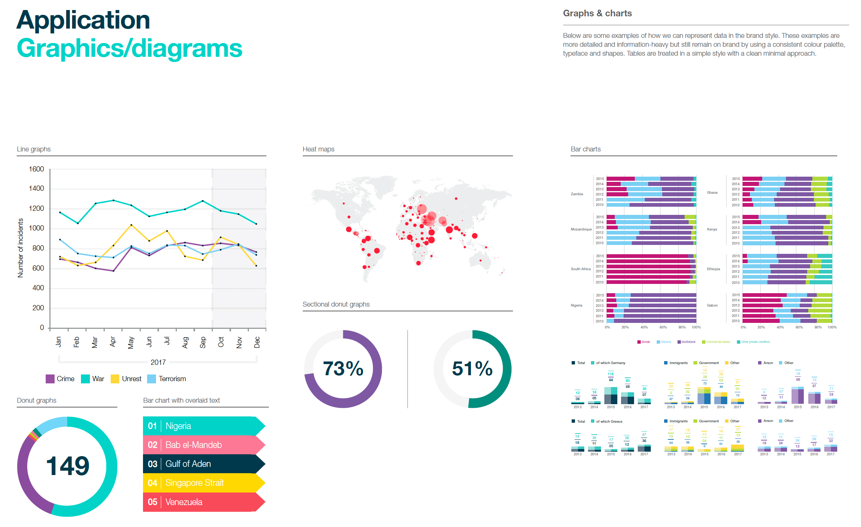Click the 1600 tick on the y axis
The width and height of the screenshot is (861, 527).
36,169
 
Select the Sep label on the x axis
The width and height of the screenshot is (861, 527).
203,342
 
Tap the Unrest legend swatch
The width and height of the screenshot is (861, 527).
115,379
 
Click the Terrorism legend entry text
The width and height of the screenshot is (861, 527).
172,379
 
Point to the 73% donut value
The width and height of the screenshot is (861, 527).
343,369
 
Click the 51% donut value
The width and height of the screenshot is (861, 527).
472,369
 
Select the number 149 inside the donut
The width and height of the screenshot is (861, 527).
68,466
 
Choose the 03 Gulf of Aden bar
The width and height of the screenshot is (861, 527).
204,464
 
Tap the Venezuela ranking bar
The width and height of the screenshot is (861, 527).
204,502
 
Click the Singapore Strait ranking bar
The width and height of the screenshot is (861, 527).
204,483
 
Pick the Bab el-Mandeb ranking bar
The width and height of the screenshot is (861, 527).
204,445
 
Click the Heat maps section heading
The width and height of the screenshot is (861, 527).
318,149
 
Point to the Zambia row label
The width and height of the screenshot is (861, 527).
577,194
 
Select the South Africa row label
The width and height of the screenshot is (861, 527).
581,269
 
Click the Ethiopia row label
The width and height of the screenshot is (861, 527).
713,269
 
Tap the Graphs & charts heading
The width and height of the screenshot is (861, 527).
597,13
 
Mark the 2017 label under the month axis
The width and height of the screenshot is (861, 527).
158,362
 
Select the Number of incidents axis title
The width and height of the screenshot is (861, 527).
20,248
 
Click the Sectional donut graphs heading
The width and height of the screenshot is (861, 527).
336,304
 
